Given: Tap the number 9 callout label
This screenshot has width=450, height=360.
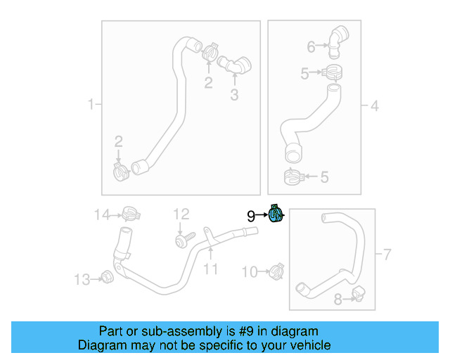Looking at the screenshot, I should (x=250, y=217).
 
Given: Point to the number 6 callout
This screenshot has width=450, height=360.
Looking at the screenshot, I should (x=311, y=47).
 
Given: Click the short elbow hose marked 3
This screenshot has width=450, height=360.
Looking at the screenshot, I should (x=236, y=65).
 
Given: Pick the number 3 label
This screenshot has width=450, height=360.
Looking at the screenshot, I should (x=235, y=95).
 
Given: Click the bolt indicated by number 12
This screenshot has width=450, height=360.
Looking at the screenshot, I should (x=181, y=241).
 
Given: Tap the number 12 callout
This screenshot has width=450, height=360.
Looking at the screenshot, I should (x=181, y=214).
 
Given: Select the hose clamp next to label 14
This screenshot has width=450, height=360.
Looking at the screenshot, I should (x=129, y=212).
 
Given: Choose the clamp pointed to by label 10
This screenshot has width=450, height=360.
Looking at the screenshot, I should (x=276, y=270).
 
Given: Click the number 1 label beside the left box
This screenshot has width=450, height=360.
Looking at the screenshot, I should (x=90, y=105).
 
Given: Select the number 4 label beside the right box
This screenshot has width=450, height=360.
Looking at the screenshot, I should (x=375, y=106).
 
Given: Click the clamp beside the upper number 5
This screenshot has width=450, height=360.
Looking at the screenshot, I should (x=333, y=72).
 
